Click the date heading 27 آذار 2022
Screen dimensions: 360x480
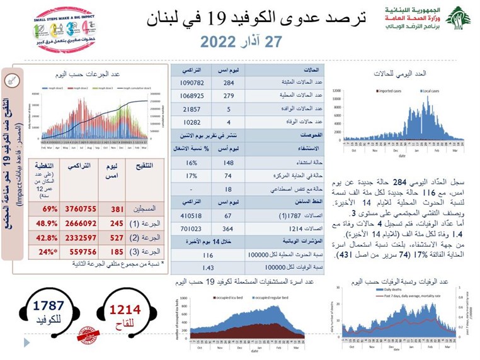pyautogui.click(x=239, y=42)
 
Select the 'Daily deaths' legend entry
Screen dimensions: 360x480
pyautogui.click(x=386, y=290)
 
